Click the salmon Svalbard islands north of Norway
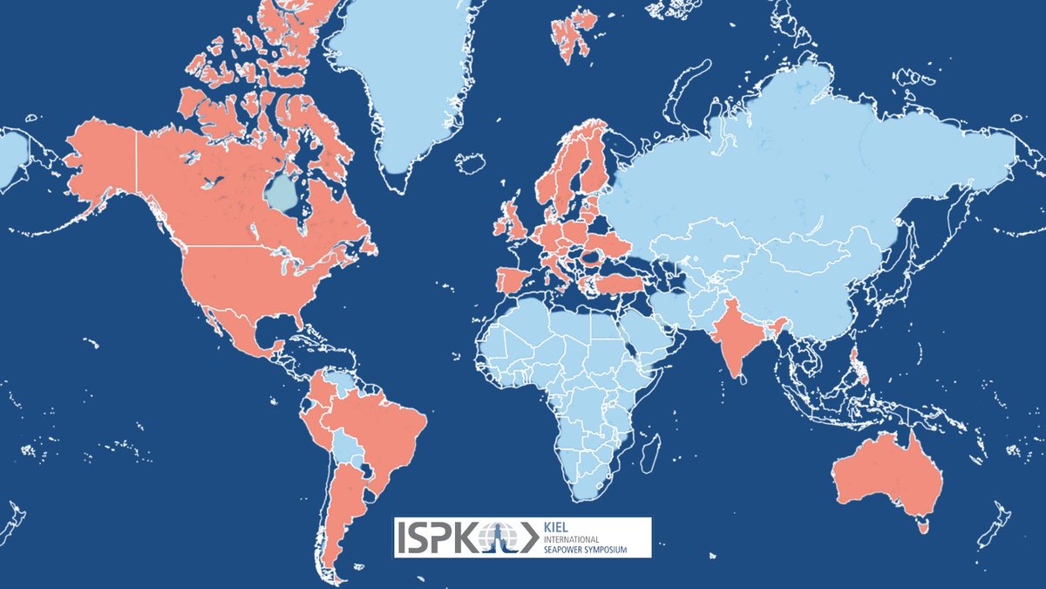571,35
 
